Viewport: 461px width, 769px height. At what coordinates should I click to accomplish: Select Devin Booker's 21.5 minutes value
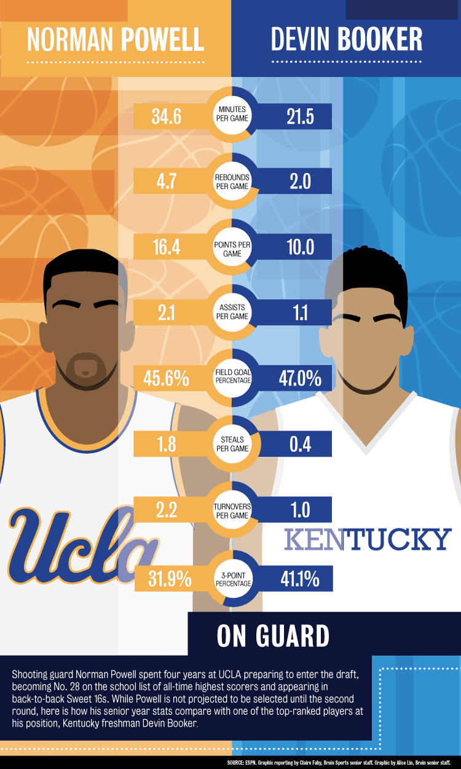300,116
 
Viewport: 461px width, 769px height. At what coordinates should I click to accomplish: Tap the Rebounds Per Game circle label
232,182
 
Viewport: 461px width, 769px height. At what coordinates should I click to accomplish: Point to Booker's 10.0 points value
300,247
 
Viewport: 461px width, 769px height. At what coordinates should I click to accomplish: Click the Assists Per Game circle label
232,313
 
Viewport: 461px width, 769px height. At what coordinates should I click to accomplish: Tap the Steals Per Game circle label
232,444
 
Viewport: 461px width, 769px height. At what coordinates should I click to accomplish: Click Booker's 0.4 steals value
300,444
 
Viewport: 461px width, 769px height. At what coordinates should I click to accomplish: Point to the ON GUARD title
273,636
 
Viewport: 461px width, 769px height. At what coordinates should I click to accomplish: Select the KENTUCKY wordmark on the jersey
368,540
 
